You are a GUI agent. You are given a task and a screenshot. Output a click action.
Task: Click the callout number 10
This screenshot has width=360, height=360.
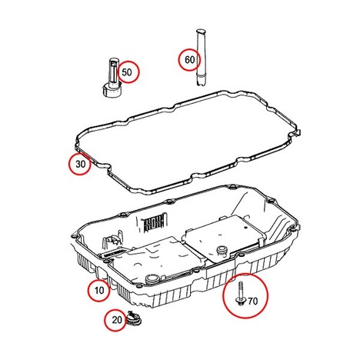click(99, 291)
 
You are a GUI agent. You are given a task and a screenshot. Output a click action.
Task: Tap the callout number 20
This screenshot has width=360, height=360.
click(117, 320)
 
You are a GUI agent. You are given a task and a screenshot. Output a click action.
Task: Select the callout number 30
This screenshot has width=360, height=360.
click(80, 164)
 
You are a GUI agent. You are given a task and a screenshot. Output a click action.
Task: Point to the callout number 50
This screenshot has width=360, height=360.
click(127, 72)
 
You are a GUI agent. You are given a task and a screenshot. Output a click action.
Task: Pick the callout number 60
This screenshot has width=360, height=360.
click(190, 60)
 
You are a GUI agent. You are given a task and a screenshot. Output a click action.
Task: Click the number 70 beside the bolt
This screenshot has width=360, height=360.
click(252, 301)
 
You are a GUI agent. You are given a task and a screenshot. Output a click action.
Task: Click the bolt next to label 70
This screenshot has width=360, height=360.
click(241, 293)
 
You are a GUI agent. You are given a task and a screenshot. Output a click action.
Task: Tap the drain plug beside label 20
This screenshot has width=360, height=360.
click(134, 319)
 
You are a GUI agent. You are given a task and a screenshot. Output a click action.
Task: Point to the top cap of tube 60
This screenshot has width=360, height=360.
click(201, 32)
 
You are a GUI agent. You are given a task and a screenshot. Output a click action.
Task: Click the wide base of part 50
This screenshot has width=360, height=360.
click(112, 91)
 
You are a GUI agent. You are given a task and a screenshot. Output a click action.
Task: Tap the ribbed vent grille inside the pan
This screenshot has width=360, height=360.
click(153, 222)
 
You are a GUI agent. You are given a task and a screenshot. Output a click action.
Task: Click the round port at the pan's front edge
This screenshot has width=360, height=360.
click(152, 278)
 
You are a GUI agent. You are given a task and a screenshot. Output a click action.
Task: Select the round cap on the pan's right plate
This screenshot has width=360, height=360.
click(222, 250)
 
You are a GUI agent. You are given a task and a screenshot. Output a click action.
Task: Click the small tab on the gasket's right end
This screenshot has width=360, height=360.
click(298, 133)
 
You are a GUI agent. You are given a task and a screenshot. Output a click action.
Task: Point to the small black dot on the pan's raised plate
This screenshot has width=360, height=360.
click(245, 228)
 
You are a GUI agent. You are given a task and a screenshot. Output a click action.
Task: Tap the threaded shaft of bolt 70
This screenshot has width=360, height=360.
click(241, 288)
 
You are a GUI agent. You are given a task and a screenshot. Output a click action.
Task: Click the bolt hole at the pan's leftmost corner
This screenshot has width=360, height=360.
click(74, 236)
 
